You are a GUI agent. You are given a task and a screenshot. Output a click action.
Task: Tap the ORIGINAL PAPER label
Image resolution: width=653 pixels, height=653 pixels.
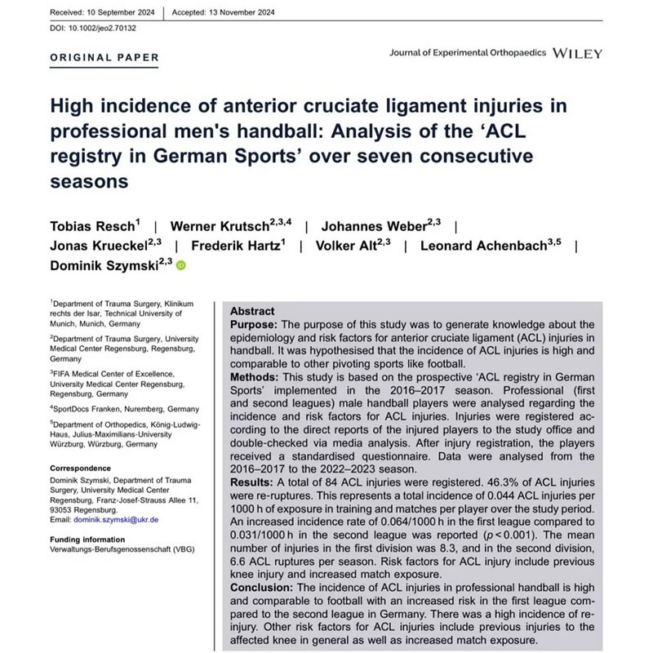click(x=105, y=58)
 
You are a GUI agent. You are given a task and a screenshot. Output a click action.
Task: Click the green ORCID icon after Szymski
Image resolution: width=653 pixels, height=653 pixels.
click(x=181, y=265)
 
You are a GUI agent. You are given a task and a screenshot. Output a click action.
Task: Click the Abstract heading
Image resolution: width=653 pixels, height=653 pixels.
click(x=252, y=312)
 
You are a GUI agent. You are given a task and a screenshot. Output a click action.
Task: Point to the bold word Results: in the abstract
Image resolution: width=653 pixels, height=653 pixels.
click(x=256, y=483)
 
